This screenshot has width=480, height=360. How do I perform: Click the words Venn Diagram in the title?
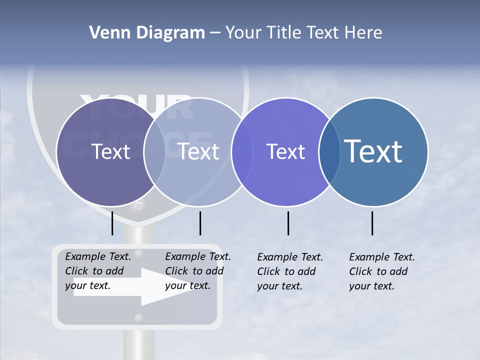point(147,33)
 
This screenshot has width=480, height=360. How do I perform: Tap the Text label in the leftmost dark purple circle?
point(110,151)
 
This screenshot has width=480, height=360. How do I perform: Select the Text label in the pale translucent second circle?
point(198,151)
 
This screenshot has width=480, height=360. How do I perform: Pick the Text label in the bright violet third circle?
point(286,151)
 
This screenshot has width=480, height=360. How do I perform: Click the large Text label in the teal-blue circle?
point(373,151)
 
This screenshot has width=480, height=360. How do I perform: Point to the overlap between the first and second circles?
point(154,152)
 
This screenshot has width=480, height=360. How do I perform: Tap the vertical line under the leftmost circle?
point(112,223)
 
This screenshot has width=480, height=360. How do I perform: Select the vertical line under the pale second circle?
point(200,223)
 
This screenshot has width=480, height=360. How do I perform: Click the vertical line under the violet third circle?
point(288,223)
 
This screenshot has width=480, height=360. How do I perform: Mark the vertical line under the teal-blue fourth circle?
point(372,223)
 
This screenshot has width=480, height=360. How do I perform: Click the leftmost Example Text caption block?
point(98,271)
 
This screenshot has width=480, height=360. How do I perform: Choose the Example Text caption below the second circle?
point(198,271)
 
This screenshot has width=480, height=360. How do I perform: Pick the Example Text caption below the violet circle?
point(290,271)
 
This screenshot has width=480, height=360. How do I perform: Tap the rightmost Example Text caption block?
point(382,271)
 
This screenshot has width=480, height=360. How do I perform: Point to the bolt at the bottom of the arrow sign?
point(139,318)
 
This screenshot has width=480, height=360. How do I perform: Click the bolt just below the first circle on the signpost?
point(139,206)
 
